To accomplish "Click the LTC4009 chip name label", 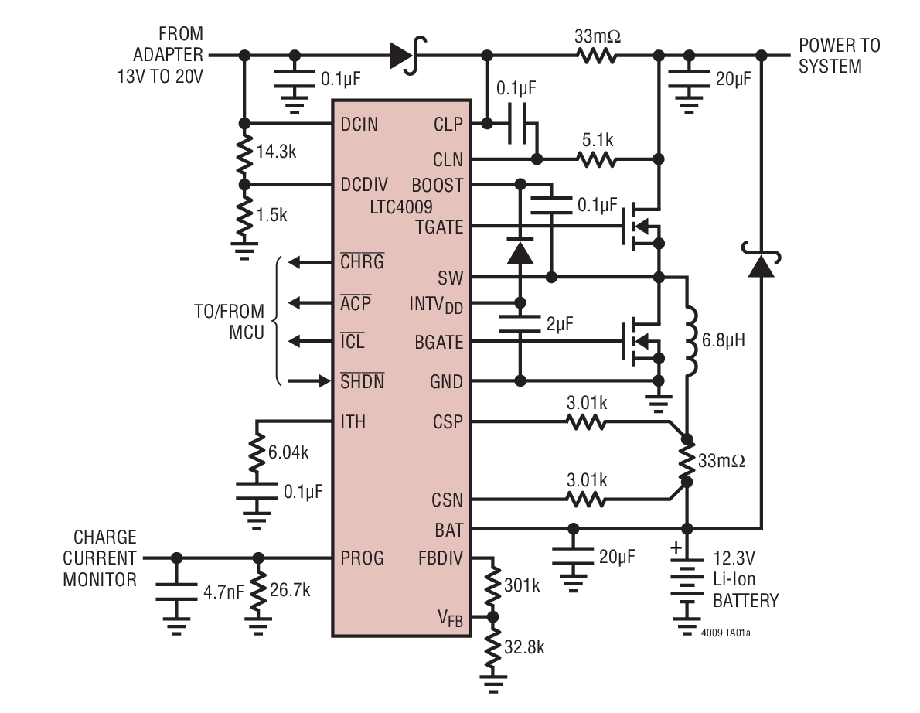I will click(x=400, y=206).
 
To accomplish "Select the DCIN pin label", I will click(x=359, y=124).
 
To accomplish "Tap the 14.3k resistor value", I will click(x=276, y=152).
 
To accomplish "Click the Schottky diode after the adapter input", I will click(x=404, y=56).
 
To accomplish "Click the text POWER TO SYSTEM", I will click(x=839, y=56).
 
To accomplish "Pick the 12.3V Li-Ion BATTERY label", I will click(x=745, y=579).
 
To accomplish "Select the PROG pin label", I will click(x=362, y=558).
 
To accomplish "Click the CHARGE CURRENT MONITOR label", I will click(x=101, y=558).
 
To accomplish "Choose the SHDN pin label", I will click(x=362, y=381).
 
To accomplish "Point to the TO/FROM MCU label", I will click(x=229, y=322).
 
